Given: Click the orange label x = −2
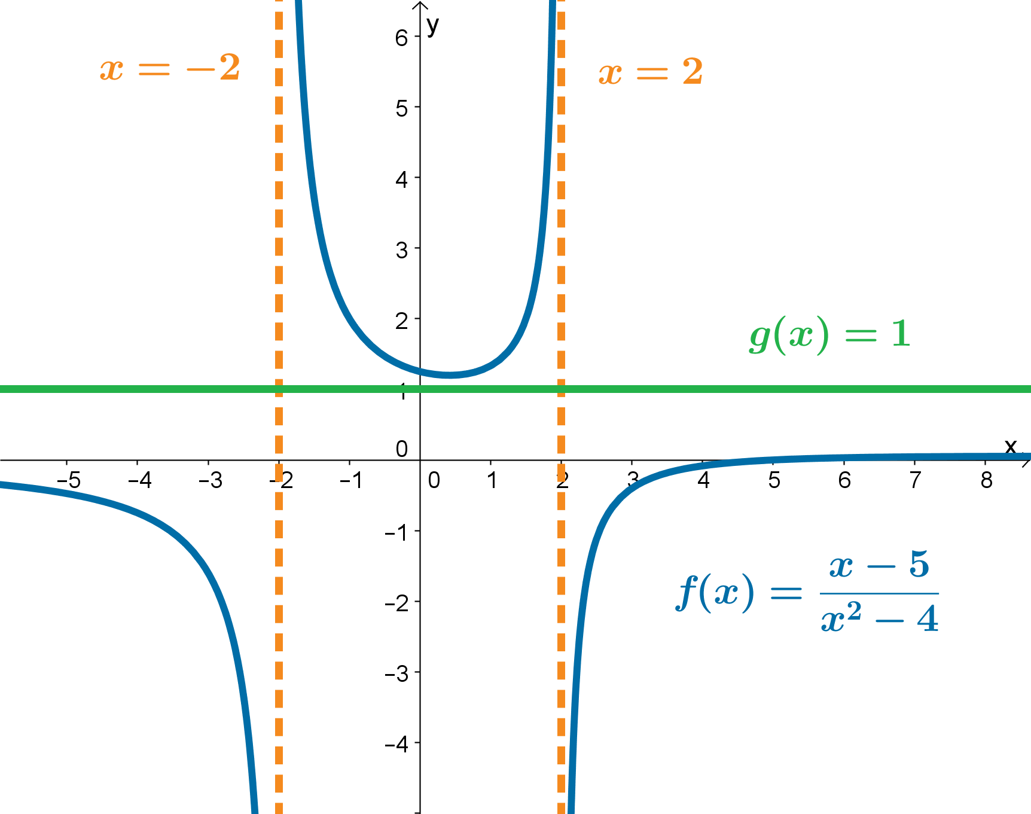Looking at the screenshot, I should tap(170, 68).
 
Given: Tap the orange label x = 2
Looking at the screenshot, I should tap(651, 72).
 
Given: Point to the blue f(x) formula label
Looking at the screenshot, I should tap(807, 592).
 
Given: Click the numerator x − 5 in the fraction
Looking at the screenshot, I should tap(879, 565).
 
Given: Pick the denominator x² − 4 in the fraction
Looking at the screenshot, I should tap(879, 619).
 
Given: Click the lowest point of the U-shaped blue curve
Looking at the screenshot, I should tap(449, 375).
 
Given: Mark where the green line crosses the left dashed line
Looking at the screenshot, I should tap(279, 389).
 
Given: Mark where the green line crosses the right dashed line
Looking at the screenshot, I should tap(561, 389).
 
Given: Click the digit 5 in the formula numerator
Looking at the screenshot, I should tap(920, 565).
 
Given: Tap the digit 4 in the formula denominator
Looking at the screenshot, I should tap(928, 619).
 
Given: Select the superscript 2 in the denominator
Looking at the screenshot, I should tap(855, 611).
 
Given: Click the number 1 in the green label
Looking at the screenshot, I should tap(901, 334).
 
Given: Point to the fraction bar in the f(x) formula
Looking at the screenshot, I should tap(879, 593).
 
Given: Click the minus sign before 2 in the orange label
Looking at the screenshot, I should tap(200, 69).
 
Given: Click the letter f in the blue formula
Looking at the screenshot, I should tap(687, 592).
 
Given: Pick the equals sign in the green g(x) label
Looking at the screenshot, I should tap(861, 336).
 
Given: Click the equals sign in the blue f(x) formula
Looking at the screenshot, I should tap(786, 593).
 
